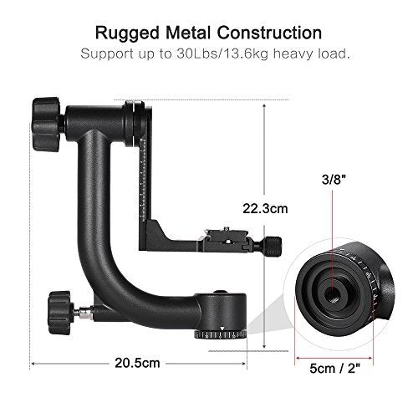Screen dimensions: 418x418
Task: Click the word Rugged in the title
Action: (x=124, y=33)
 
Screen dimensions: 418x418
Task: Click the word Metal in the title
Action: (x=178, y=33)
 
